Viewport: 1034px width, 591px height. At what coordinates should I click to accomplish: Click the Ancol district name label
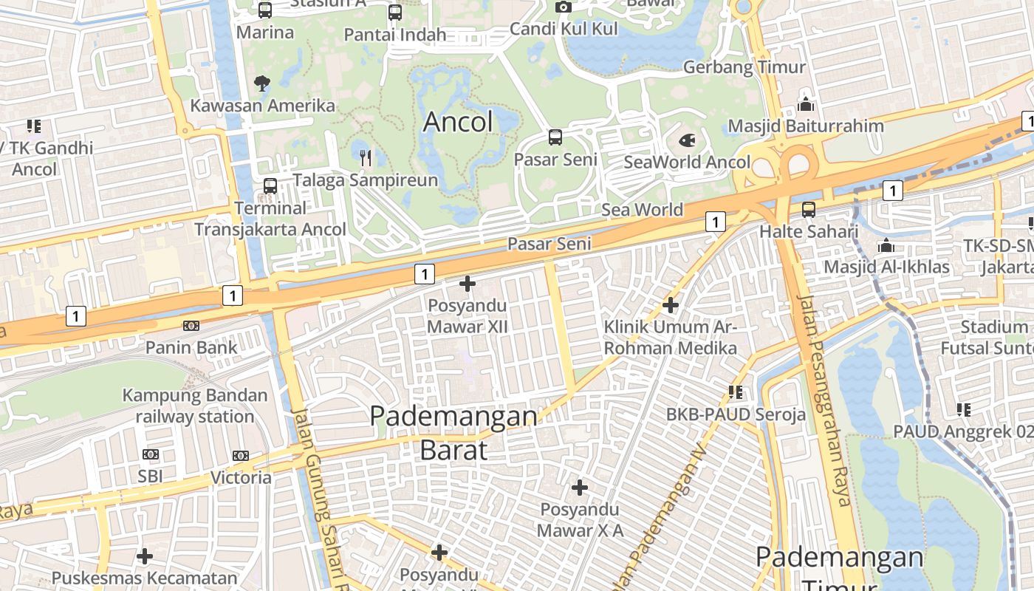(458, 122)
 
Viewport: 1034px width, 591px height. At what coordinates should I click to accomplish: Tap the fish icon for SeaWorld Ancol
(687, 140)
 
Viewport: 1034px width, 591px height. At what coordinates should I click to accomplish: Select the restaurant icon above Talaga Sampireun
(365, 157)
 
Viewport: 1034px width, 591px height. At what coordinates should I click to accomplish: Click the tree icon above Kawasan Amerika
(262, 83)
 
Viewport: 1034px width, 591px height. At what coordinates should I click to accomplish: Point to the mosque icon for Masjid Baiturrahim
(806, 103)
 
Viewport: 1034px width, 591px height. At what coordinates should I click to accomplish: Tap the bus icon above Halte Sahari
(809, 210)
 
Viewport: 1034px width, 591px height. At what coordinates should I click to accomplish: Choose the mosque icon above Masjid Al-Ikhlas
(886, 245)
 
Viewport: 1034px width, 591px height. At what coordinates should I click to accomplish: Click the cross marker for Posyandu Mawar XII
(467, 283)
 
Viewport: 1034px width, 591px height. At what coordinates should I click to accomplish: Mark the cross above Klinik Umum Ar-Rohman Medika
(671, 304)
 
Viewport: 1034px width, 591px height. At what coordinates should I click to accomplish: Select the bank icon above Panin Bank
(191, 326)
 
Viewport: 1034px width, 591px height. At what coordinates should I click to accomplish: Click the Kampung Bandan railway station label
(195, 406)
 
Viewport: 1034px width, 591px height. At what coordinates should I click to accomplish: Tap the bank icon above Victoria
(240, 456)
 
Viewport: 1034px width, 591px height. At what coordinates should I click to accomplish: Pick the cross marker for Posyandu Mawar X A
(580, 488)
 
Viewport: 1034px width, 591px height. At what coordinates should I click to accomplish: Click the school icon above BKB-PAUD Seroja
(736, 392)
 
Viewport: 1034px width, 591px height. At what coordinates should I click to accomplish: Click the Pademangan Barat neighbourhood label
(453, 432)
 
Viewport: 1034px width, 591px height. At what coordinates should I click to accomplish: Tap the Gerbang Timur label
(744, 67)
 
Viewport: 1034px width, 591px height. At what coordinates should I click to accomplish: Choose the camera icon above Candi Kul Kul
(564, 7)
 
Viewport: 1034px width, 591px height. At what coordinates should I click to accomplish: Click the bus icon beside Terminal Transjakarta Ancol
(270, 186)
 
